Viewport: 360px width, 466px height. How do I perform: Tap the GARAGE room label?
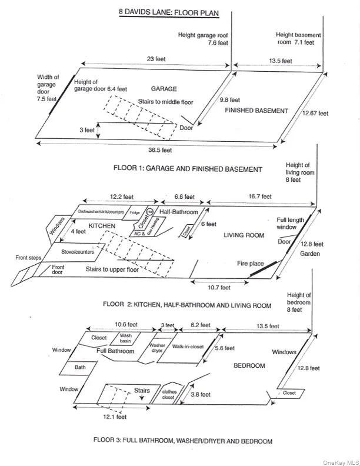click(164, 89)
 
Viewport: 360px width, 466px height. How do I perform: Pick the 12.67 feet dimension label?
click(315, 113)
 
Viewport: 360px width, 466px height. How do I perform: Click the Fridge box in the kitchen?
click(135, 212)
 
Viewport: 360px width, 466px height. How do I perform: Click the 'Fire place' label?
click(251, 264)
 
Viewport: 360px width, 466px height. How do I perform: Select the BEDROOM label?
click(249, 365)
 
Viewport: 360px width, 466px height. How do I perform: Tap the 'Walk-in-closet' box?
click(188, 347)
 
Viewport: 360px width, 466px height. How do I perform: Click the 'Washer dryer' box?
click(157, 348)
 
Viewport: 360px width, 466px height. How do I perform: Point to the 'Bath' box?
click(80, 367)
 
